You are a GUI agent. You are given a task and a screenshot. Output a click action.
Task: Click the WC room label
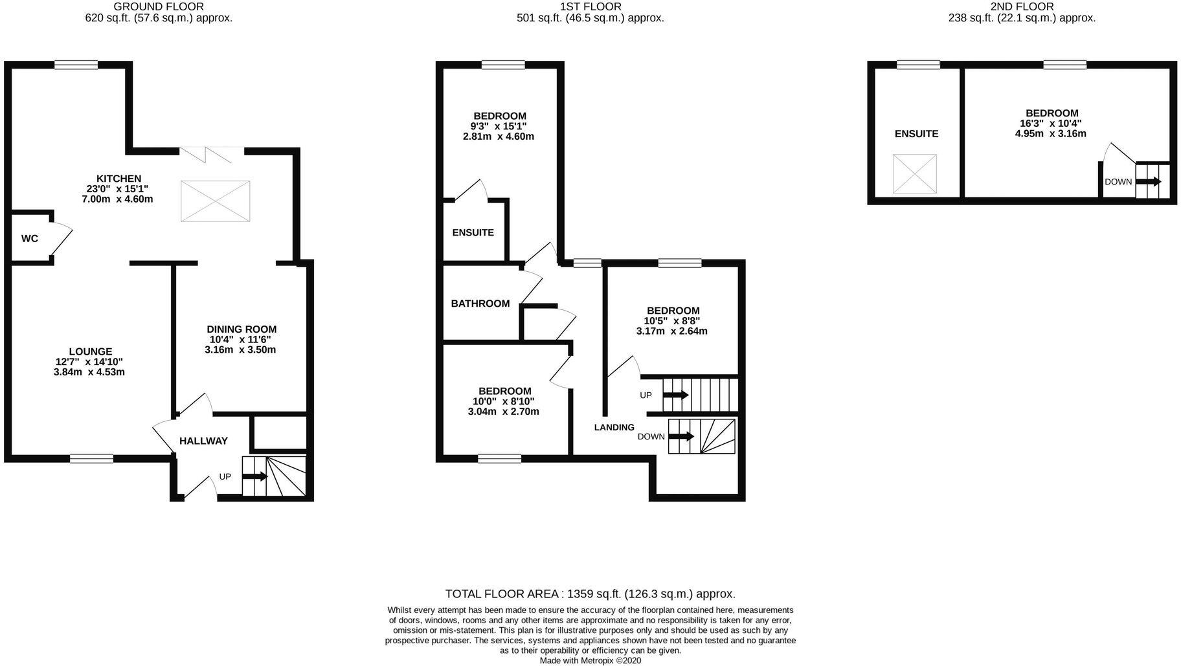(x=29, y=239)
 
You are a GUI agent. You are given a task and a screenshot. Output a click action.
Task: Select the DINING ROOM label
(x=242, y=329)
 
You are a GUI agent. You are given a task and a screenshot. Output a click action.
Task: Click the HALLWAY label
(x=203, y=441)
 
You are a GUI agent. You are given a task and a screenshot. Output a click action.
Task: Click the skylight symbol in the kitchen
(x=215, y=202)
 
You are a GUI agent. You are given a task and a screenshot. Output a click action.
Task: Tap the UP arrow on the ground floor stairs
(x=255, y=477)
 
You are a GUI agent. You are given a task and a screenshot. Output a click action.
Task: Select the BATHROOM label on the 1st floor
(x=480, y=304)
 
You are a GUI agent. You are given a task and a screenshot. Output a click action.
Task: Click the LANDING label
(x=614, y=427)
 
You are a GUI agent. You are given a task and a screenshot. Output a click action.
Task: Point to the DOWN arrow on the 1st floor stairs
(x=682, y=437)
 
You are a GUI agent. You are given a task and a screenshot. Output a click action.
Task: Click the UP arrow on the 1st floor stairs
(x=675, y=395)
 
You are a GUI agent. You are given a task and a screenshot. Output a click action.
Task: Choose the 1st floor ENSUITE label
(x=473, y=232)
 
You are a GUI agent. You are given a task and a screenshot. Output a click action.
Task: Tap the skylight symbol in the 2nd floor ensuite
(x=914, y=173)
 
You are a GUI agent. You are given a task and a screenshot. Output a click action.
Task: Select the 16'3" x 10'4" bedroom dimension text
(x=1050, y=123)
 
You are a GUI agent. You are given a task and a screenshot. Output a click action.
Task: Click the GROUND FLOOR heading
(x=159, y=6)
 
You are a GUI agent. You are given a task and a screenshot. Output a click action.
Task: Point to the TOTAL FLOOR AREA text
(x=590, y=594)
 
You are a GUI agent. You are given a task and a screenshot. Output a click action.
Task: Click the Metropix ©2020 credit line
(x=590, y=661)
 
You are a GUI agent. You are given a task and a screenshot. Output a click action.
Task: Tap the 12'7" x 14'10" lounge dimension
(x=89, y=362)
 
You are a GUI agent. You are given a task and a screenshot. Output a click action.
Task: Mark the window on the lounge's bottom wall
(x=91, y=459)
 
